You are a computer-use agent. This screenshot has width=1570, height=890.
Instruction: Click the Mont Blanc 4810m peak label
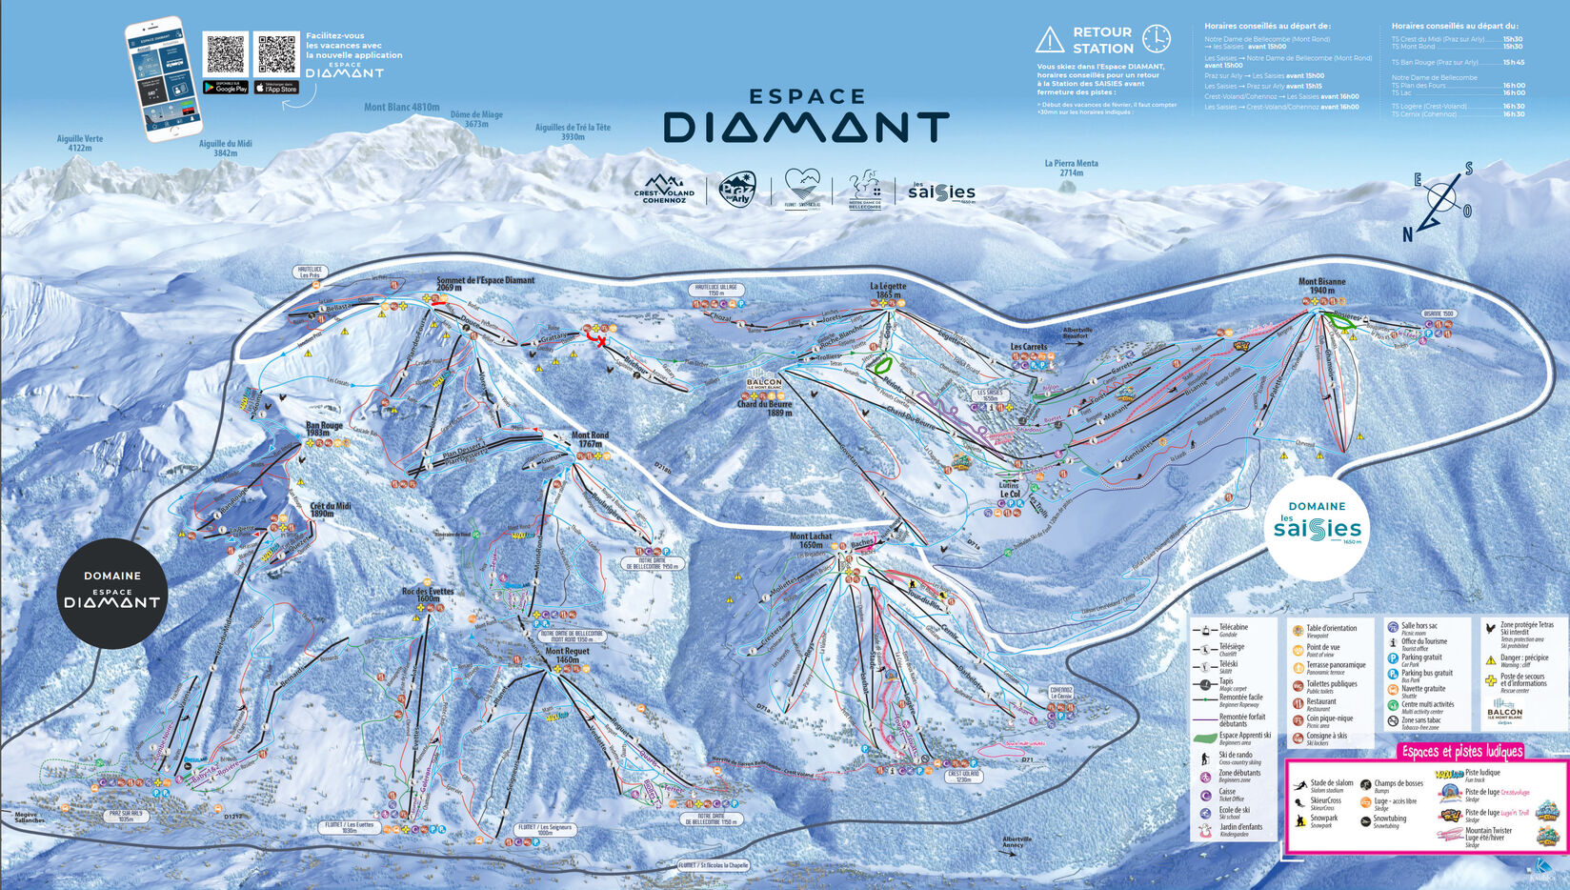click(x=401, y=107)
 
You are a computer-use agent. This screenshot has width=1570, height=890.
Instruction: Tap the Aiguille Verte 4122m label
click(x=80, y=143)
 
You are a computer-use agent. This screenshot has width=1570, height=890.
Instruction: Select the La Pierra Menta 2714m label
click(x=1071, y=168)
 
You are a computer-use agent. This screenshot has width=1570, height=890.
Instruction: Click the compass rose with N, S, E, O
click(x=1440, y=200)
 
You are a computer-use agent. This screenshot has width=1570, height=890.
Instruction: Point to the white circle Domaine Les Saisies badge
click(x=1318, y=527)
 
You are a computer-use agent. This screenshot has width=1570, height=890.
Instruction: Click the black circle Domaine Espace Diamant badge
click(x=112, y=593)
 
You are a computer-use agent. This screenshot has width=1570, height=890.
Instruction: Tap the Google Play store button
click(x=226, y=88)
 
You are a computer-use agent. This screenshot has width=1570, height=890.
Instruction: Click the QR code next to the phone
click(x=226, y=53)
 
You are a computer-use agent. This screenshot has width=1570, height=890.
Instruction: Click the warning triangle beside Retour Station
click(x=1049, y=40)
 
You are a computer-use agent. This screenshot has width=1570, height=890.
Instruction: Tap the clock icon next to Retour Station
click(x=1156, y=39)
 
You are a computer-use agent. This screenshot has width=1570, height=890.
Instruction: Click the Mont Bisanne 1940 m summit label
click(x=1321, y=286)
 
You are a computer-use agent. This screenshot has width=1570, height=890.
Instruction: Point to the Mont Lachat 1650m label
click(x=811, y=540)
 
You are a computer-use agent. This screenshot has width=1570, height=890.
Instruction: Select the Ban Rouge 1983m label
click(x=324, y=430)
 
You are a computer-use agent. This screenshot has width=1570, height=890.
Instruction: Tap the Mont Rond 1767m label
click(x=590, y=439)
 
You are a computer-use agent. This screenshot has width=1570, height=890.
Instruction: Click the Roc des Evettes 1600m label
click(x=428, y=595)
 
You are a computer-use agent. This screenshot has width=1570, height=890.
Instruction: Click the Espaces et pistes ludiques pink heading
click(x=1461, y=752)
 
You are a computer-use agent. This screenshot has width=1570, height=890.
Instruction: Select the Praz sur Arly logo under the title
click(x=736, y=189)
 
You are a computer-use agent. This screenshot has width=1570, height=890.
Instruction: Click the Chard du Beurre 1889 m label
click(x=765, y=408)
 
